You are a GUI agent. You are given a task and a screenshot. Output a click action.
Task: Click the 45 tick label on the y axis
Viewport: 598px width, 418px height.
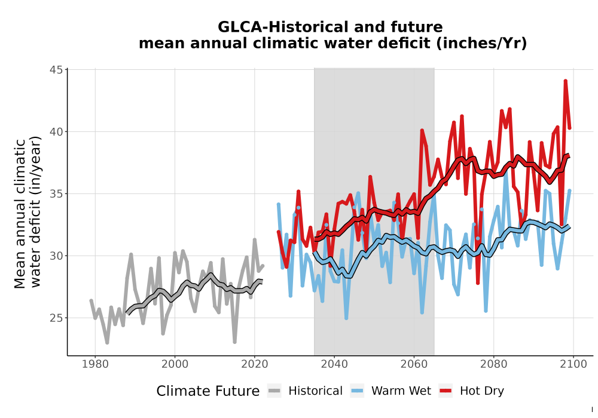click(56, 70)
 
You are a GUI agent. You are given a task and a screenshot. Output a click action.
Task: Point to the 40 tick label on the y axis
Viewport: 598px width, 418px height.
click(56, 132)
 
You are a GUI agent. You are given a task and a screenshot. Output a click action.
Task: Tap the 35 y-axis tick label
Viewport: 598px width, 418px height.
click(56, 193)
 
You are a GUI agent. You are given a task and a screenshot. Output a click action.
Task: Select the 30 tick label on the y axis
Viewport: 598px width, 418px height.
click(56, 256)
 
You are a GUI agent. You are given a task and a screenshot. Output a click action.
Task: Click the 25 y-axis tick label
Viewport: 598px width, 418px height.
click(56, 318)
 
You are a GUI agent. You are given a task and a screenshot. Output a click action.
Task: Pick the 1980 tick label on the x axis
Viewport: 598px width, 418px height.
click(95, 364)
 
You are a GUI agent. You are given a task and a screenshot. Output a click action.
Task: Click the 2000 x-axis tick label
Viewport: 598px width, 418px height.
click(175, 364)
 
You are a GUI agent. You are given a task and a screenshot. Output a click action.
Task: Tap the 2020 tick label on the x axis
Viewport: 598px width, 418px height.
click(254, 364)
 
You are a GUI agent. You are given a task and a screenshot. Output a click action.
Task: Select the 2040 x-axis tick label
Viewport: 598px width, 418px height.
click(334, 364)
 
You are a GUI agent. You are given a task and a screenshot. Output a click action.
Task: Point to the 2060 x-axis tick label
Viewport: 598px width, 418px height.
click(414, 364)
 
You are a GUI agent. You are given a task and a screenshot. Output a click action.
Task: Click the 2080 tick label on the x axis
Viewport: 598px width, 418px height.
click(493, 364)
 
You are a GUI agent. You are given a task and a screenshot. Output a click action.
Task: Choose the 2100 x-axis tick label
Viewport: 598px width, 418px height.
click(573, 364)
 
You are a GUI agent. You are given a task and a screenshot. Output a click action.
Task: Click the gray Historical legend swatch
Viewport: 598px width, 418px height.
click(274, 391)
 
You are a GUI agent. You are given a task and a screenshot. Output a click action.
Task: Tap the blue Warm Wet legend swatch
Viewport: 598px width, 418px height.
click(358, 391)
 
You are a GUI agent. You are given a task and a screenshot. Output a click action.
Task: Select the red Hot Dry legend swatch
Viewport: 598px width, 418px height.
click(446, 391)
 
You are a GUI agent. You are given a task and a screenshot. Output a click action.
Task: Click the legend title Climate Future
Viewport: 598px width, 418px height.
click(208, 391)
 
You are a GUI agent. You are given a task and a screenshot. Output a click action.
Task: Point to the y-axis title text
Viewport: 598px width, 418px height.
click(27, 213)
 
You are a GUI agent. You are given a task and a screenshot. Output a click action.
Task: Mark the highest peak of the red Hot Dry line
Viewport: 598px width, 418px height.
click(565, 81)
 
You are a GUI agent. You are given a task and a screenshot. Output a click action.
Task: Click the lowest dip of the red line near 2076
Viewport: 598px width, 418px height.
click(477, 283)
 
